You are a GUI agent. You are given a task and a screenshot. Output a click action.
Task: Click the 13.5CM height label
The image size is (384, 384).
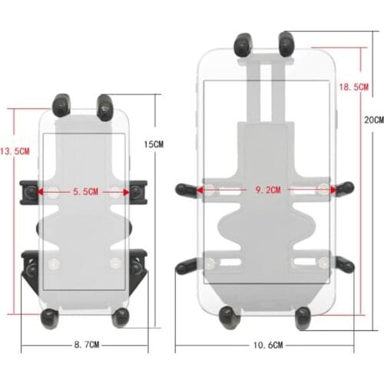(x=15, y=151)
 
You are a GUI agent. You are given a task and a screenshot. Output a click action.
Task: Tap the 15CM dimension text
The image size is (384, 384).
(x=154, y=144)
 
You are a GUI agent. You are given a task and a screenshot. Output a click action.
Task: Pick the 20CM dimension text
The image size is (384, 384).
(x=373, y=121)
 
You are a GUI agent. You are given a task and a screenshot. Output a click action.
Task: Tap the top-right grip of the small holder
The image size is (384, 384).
(x=105, y=105)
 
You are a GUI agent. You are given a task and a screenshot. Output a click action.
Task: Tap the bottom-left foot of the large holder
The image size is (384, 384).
(x=228, y=315)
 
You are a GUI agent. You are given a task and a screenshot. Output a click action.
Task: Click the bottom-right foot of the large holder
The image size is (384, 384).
(x=302, y=315)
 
